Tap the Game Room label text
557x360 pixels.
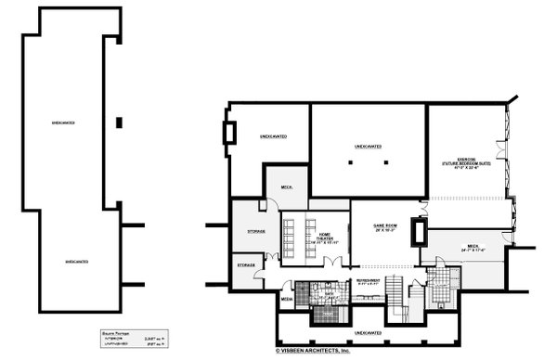(x=385, y=227)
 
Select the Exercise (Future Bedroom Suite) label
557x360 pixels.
(x=464, y=164)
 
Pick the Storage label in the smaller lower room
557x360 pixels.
(x=246, y=264)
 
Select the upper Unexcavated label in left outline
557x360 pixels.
(x=63, y=122)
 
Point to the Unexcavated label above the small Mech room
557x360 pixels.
(x=273, y=136)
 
